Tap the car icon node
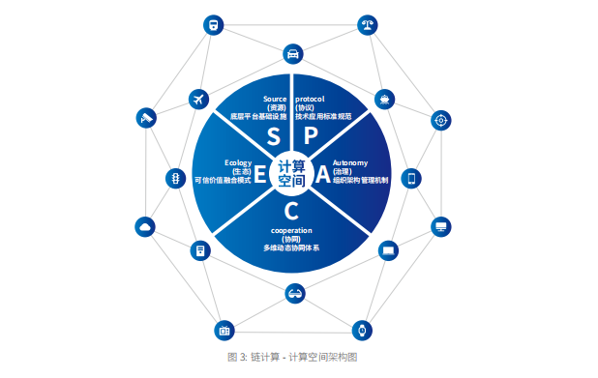(x=292, y=54)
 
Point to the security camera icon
(x=147, y=118)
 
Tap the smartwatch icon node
(x=362, y=329)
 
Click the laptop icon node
(x=388, y=250)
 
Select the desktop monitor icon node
(x=441, y=226)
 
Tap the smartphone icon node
(x=411, y=178)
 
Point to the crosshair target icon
(x=441, y=120)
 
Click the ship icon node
(x=385, y=99)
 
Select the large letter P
(x=313, y=136)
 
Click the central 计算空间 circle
(x=291, y=173)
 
